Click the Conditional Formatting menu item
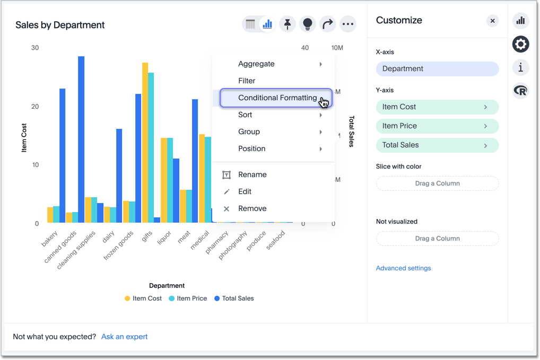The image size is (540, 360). pos(276,98)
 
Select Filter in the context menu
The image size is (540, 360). pos(247,81)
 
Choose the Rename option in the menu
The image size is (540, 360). pos(252,174)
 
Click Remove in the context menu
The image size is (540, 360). pos(252,208)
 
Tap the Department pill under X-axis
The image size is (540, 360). pos(437,69)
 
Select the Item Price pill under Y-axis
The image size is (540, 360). pos(437,126)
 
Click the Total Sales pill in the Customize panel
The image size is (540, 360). pos(437,145)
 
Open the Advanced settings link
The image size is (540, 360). pos(403,268)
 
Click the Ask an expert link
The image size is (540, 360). pos(124,337)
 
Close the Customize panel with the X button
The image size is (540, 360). pos(492,21)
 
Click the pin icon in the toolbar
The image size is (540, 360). pos(288,24)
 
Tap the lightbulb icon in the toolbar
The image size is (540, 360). pos(308,24)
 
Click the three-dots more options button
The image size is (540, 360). pos(348,24)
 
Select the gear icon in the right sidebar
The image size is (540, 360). pos(520,45)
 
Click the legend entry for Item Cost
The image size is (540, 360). pos(143,298)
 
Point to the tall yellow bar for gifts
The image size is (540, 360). pos(145,143)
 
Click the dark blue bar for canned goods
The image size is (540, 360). pos(81,138)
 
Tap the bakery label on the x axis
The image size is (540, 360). pos(49,239)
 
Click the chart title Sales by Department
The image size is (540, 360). pos(60,25)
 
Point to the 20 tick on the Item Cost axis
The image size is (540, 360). pos(35,107)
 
